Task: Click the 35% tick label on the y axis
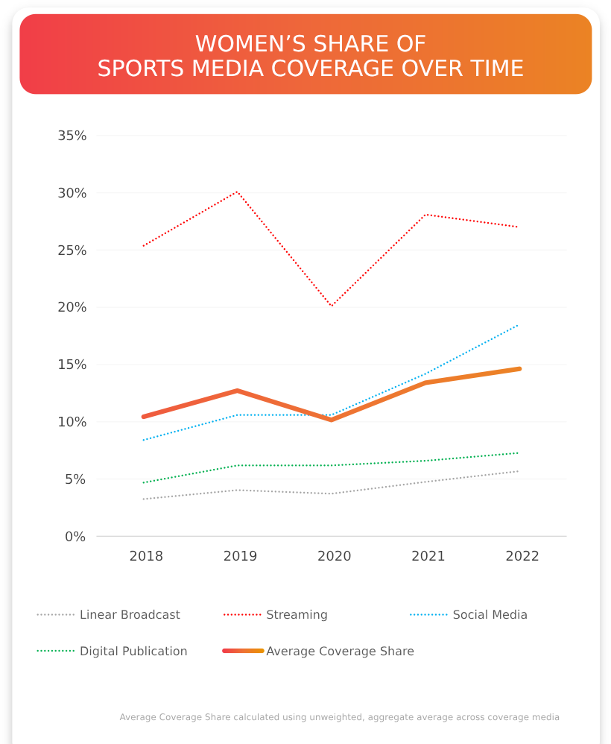point(72,136)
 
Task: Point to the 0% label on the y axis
point(75,537)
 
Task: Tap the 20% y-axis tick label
point(72,307)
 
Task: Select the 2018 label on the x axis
point(146,557)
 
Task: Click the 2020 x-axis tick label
point(334,557)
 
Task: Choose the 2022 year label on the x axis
point(522,557)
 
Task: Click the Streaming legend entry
point(297,615)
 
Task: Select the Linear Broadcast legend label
point(130,615)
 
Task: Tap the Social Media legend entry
point(490,615)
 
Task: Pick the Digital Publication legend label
point(133,652)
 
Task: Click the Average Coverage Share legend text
point(340,652)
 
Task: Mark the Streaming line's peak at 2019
point(238,192)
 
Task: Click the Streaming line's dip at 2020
point(332,306)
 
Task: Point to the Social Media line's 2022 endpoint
point(518,325)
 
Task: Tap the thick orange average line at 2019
point(238,391)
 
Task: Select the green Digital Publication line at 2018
point(144,482)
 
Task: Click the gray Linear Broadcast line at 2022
point(518,471)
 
